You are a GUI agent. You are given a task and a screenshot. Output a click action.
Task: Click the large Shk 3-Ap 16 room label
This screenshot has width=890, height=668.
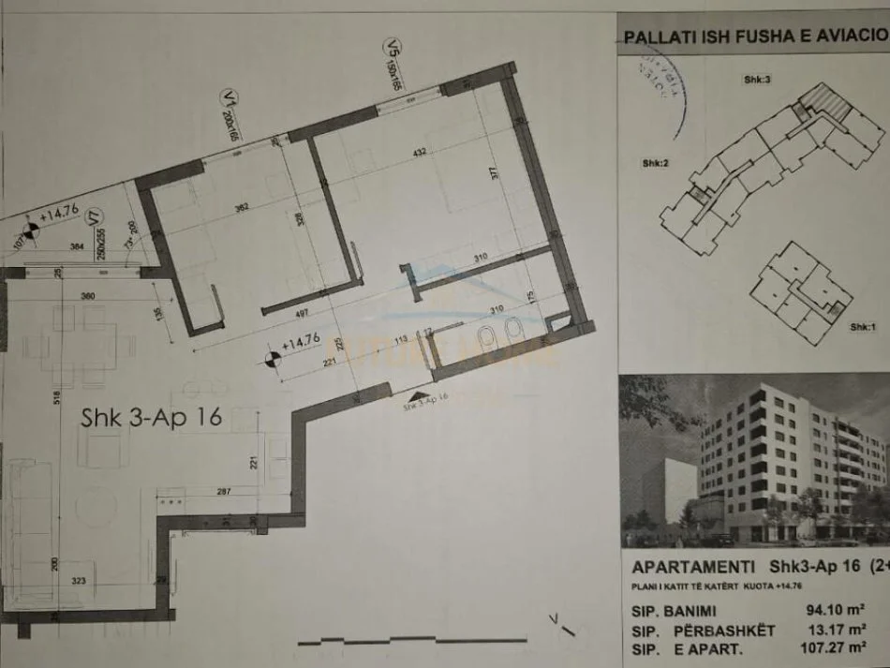[150, 417]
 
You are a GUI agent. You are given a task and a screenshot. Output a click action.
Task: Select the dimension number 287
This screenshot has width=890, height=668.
[223, 491]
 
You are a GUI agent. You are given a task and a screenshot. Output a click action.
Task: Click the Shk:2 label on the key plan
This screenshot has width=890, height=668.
[654, 163]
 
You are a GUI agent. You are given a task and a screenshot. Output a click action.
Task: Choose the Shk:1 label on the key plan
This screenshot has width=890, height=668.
[861, 327]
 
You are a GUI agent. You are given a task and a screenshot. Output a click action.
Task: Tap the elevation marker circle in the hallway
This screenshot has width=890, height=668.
[271, 358]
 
